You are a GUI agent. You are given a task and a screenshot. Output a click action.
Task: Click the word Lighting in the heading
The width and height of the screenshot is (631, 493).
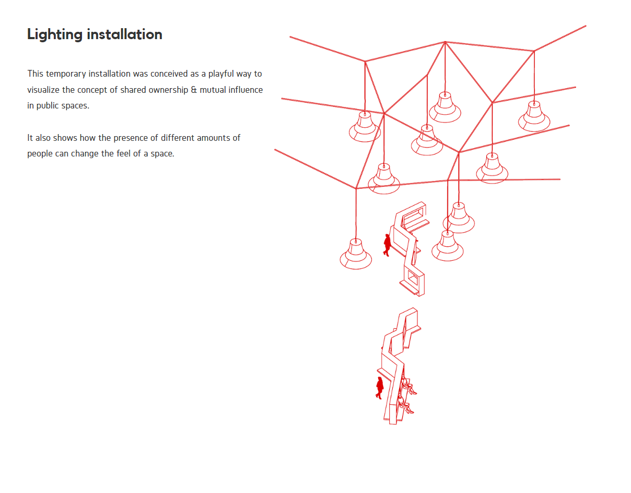(x=55, y=35)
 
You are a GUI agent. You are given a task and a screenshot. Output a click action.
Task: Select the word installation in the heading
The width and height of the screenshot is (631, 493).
(x=124, y=34)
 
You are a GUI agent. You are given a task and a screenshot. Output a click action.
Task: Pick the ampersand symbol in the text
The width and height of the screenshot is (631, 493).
(x=194, y=90)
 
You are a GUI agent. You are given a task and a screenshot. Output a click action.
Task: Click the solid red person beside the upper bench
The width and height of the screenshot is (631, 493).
(x=387, y=245)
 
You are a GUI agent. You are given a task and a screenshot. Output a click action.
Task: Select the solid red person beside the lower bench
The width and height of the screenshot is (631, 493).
(x=380, y=388)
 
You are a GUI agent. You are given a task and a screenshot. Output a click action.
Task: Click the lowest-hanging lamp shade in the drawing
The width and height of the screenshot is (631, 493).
(x=356, y=255)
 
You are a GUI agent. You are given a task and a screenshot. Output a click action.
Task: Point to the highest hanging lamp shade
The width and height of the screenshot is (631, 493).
(x=445, y=107)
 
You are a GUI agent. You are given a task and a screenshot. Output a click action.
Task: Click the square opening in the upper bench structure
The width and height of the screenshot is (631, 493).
(x=413, y=279)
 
